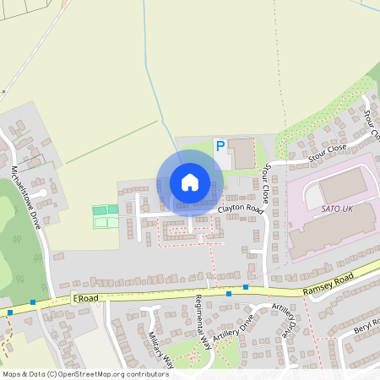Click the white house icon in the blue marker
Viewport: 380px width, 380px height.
[189, 182]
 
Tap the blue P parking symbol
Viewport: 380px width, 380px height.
[220, 147]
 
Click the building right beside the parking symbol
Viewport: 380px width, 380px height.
[243, 153]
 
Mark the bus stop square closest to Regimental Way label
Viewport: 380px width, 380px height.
[229, 294]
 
